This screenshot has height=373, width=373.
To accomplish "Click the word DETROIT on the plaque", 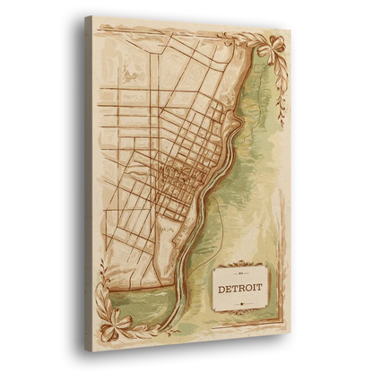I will pos(239,288).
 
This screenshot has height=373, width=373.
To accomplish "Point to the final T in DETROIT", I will pos(260,290).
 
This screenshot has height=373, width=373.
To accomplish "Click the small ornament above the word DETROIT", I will pos(240,273).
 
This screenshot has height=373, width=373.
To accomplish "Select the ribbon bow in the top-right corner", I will pos(268,52).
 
